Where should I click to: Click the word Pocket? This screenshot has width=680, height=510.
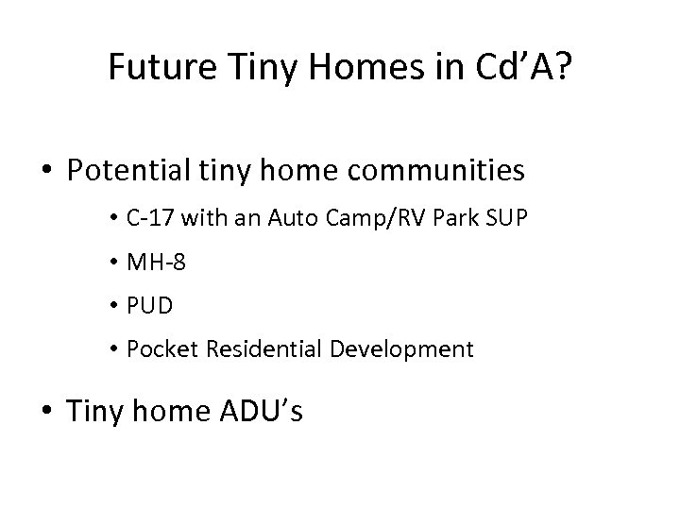pyautogui.click(x=161, y=348)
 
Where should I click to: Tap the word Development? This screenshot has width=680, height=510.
pyautogui.click(x=402, y=348)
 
